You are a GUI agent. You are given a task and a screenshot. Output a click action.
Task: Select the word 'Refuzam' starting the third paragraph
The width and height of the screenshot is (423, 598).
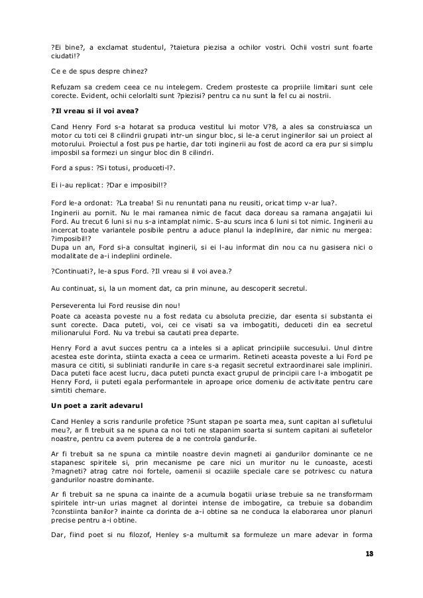(67, 87)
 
